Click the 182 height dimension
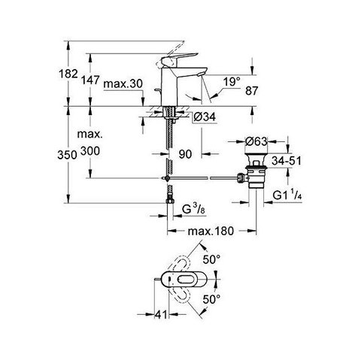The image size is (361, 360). (68, 74)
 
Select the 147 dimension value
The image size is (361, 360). (90, 80)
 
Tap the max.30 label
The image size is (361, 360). (123, 83)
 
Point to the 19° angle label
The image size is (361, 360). (232, 82)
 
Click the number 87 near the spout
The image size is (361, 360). (252, 91)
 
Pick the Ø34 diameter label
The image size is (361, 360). (205, 116)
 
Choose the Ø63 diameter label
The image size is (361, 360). (256, 141)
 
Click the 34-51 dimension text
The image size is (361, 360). (287, 161)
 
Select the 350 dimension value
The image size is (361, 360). (67, 155)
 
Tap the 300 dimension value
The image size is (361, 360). (90, 151)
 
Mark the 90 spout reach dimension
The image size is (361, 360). (185, 154)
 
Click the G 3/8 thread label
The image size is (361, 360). (193, 210)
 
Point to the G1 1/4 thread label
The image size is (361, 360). (287, 195)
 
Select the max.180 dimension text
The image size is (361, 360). (211, 231)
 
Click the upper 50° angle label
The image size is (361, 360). (211, 259)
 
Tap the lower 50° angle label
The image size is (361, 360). (211, 299)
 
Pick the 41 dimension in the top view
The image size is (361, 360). (161, 314)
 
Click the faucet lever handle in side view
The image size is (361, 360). (180, 59)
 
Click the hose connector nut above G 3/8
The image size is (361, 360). (170, 201)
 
